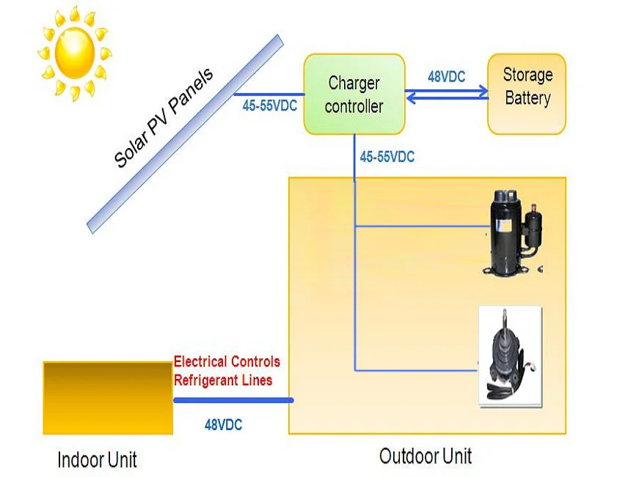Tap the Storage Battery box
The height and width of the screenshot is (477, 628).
coord(527,94)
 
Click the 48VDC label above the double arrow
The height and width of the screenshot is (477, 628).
coord(446,76)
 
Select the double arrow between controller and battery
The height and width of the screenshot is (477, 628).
coord(446,92)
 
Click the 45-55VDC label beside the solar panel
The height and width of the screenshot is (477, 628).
coord(269,106)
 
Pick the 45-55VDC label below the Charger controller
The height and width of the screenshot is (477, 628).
coord(387,156)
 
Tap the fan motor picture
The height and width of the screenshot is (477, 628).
coord(509,355)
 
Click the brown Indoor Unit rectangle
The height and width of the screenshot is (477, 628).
coord(107,398)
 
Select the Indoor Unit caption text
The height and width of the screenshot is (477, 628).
coord(97,459)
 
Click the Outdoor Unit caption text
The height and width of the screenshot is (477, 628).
coord(425,456)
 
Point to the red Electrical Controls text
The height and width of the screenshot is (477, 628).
coord(227,362)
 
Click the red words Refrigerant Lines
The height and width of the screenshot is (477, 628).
coord(223,380)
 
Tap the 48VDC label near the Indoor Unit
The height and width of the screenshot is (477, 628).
coord(223,424)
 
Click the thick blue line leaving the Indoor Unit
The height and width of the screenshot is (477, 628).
coord(233,400)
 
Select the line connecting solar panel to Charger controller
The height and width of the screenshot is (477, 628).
coord(269,95)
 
